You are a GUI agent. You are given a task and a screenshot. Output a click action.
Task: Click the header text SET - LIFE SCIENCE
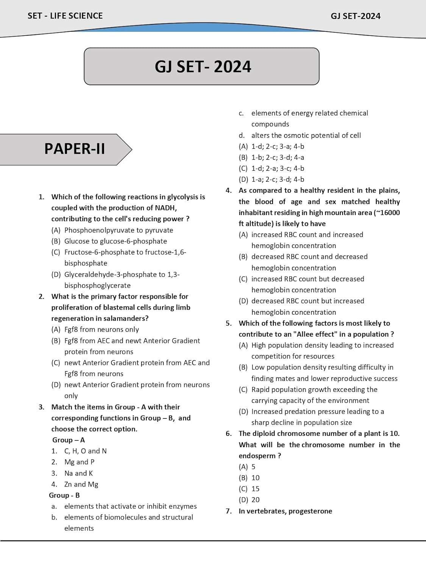[65, 16]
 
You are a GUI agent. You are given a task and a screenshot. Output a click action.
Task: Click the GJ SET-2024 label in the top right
[355, 16]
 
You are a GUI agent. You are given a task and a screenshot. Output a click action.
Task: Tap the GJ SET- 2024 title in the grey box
[203, 67]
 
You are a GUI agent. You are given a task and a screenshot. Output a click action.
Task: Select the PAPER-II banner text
[74, 149]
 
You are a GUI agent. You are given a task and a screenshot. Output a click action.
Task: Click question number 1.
[41, 197]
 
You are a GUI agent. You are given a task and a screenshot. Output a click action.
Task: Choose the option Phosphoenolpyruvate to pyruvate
[119, 230]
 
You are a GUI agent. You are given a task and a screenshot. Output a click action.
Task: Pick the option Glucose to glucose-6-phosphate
[115, 241]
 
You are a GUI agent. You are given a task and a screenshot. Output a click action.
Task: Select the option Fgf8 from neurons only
[101, 329]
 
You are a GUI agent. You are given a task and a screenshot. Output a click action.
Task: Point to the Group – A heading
[69, 440]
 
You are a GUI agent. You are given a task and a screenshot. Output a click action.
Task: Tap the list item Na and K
[78, 473]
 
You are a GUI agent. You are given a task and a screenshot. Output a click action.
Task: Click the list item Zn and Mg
[81, 484]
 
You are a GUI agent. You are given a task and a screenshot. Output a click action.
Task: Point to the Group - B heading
[64, 495]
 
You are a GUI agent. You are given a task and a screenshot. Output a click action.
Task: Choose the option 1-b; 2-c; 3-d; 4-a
[277, 158]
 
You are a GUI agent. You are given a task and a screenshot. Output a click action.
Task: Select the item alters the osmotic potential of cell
[306, 136]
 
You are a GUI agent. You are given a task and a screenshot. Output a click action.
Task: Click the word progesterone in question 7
[310, 511]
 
